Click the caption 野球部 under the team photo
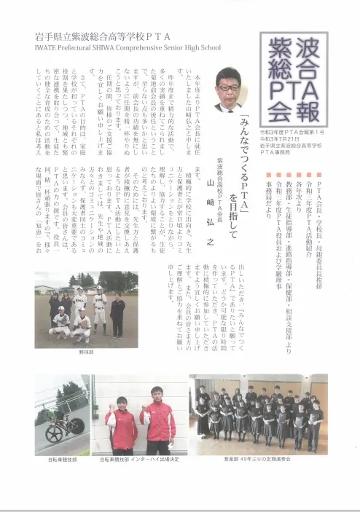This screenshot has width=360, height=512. tap(87, 352)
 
